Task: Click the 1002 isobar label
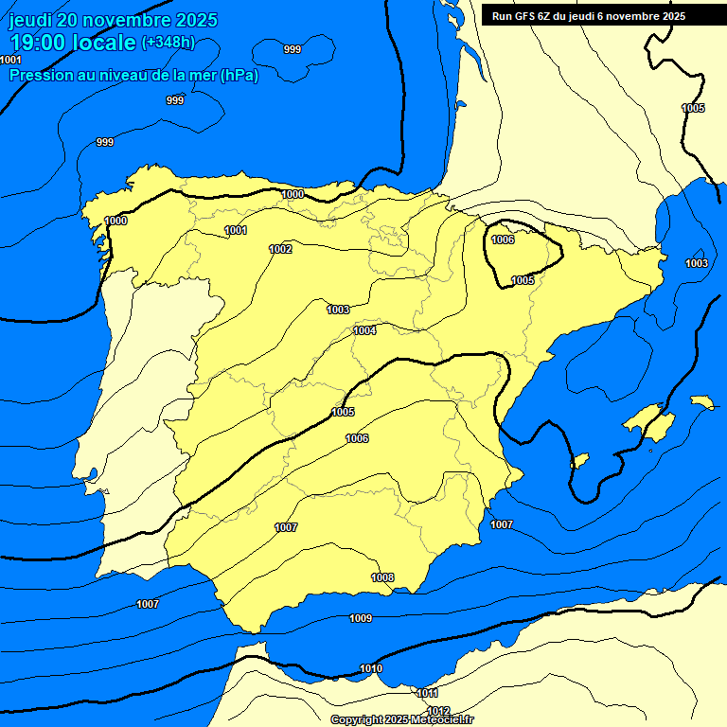[280, 249]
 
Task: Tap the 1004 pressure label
[364, 330]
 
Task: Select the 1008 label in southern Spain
[382, 577]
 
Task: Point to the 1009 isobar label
[361, 618]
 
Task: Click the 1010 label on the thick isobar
[371, 669]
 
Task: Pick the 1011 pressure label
[428, 693]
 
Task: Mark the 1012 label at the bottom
[438, 711]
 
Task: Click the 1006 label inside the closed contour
[504, 239]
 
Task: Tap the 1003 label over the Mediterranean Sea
[697, 263]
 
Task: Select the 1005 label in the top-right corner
[693, 108]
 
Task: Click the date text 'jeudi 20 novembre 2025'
[113, 20]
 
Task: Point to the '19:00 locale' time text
[72, 43]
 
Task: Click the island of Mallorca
[648, 420]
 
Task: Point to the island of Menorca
[701, 402]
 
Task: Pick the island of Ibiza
[581, 460]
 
